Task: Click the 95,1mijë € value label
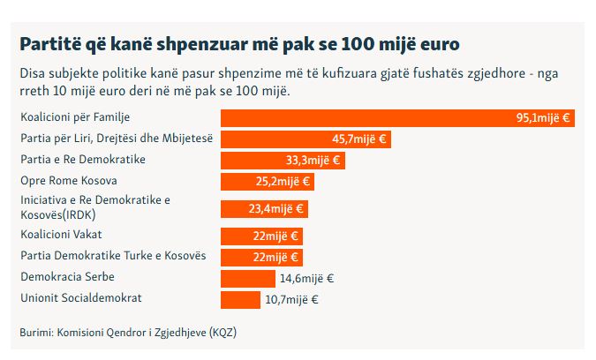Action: click(x=543, y=117)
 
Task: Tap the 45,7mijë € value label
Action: click(x=360, y=139)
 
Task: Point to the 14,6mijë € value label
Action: click(x=306, y=278)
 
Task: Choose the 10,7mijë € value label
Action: click(x=291, y=299)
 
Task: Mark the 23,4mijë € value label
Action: click(x=275, y=209)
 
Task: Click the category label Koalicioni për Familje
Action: click(x=69, y=116)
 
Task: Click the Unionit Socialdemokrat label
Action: click(x=80, y=297)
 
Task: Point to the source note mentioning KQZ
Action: click(x=128, y=332)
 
